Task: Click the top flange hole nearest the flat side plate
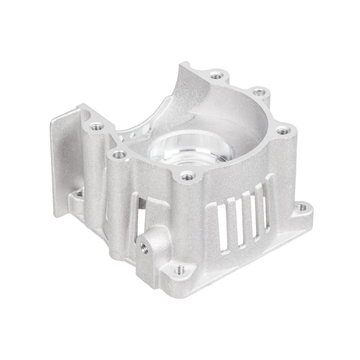click(x=96, y=126)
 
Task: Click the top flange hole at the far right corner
click(x=282, y=132)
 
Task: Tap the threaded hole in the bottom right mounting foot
click(x=301, y=208)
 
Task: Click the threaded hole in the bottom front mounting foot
click(x=178, y=271)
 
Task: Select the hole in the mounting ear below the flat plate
click(x=79, y=194)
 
